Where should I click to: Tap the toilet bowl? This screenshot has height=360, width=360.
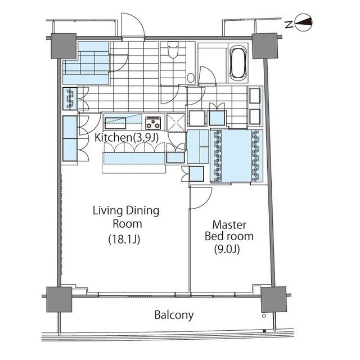(x=173, y=53)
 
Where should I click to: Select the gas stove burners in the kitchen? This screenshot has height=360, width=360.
(x=154, y=122)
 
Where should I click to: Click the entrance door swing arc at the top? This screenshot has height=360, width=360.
(x=128, y=30)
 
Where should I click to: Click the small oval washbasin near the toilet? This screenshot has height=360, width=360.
(x=190, y=77)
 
